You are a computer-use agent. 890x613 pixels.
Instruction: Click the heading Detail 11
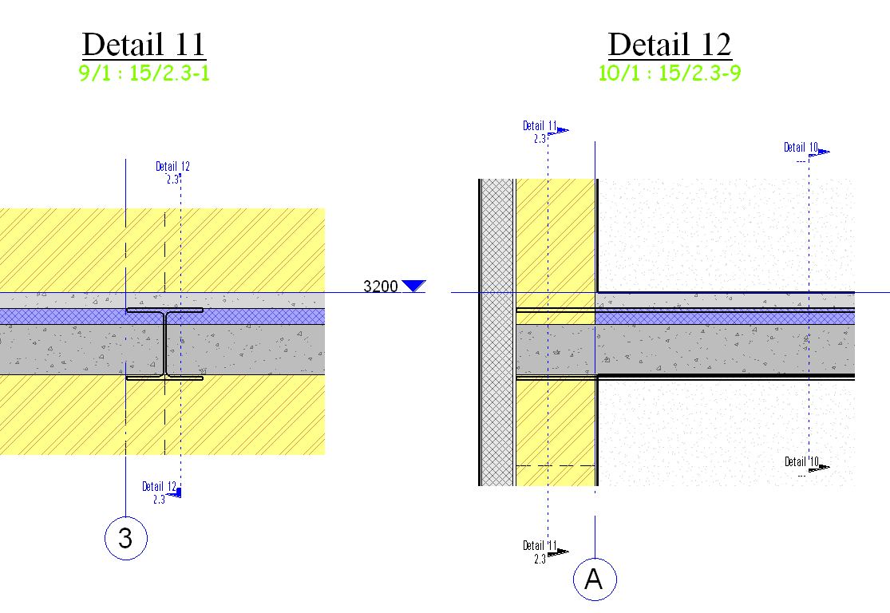(x=144, y=44)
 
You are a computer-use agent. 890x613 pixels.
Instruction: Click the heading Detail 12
(x=670, y=44)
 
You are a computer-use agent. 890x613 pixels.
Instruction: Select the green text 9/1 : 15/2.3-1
(x=144, y=73)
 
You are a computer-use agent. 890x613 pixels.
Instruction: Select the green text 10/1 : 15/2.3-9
(x=670, y=73)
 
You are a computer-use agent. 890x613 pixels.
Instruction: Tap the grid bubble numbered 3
(x=126, y=538)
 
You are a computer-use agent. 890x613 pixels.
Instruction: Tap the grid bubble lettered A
(x=595, y=579)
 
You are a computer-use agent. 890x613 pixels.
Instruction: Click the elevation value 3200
(x=380, y=286)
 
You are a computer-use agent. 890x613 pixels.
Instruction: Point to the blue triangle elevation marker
(x=413, y=286)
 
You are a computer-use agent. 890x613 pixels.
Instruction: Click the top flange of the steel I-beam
(x=164, y=310)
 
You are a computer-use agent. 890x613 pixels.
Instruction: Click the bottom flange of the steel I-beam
(x=164, y=378)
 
